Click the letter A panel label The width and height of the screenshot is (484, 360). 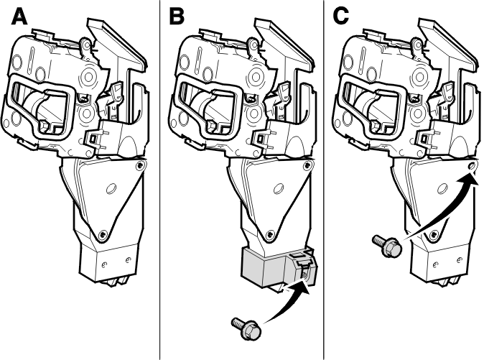click(x=19, y=17)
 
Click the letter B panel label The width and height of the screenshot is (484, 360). click(x=177, y=17)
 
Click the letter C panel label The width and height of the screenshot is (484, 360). click(x=341, y=17)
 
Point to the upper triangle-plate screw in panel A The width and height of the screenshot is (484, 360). click(x=141, y=166)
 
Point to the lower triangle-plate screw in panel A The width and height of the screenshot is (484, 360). click(x=102, y=235)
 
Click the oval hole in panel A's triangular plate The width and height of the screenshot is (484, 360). click(x=111, y=188)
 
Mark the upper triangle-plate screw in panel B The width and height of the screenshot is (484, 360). click(x=307, y=165)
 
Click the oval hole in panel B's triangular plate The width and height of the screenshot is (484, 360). click(x=278, y=188)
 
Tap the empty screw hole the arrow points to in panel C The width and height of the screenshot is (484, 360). click(x=471, y=166)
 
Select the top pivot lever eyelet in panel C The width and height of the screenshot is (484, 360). click(x=417, y=45)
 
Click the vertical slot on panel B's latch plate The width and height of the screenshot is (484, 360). click(x=200, y=60)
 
